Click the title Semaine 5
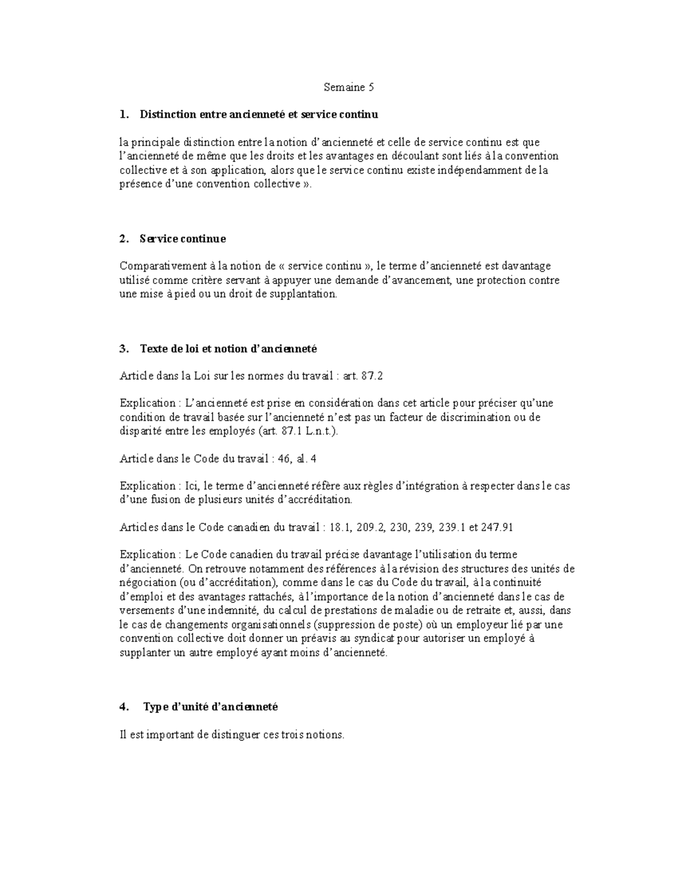click(349, 87)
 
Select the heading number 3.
click(123, 348)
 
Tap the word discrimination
click(464, 417)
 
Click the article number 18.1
click(341, 527)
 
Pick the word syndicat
click(373, 638)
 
